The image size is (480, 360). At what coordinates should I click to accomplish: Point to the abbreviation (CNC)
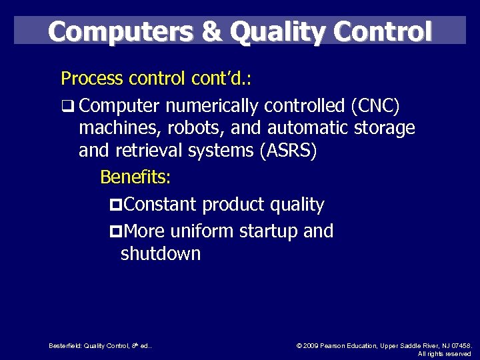tap(371, 105)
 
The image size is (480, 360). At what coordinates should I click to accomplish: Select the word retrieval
tap(151, 150)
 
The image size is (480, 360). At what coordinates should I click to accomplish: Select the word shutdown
tap(161, 254)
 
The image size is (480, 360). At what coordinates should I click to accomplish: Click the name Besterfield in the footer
tap(65, 345)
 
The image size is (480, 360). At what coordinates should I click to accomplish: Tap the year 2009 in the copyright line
tap(311, 345)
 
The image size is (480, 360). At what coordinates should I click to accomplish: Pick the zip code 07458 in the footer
tap(459, 345)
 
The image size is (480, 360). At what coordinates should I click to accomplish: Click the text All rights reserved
tap(444, 353)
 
